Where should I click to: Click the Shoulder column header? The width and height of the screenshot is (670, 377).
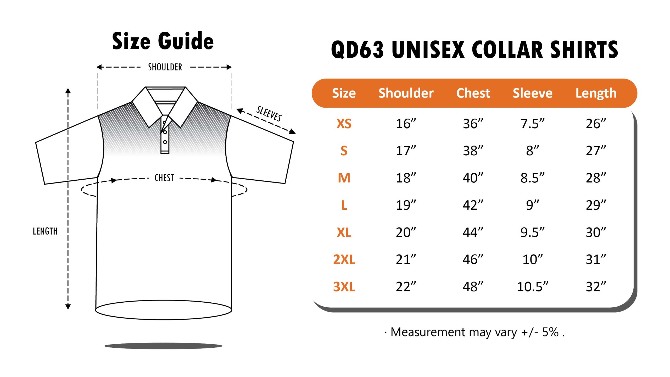[x=406, y=93]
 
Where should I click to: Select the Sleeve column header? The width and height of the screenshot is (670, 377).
[x=533, y=93]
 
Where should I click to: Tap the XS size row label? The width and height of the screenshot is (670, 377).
[x=344, y=124]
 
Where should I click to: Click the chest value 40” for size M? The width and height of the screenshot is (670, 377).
[x=473, y=178]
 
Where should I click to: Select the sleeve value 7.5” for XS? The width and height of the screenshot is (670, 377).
[x=533, y=124]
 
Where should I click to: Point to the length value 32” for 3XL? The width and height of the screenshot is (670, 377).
[x=596, y=286]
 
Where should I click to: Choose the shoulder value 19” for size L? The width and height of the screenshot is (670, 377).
[x=406, y=205]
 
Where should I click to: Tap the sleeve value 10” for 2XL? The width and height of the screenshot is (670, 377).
[x=533, y=259]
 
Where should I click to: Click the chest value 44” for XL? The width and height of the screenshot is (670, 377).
[x=473, y=232]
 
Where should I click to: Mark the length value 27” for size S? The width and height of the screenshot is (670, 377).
[x=596, y=151]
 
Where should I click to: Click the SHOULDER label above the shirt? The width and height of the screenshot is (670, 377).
[x=165, y=67]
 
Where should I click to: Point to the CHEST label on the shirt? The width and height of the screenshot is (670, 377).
[x=164, y=178]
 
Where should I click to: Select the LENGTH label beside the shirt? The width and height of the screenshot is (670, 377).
[x=45, y=231]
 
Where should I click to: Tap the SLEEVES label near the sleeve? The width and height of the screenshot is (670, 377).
[x=269, y=114]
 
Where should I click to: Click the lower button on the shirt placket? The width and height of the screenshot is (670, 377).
[x=165, y=142]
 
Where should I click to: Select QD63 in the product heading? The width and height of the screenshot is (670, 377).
[x=357, y=49]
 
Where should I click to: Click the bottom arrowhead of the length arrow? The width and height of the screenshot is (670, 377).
[x=68, y=307]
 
